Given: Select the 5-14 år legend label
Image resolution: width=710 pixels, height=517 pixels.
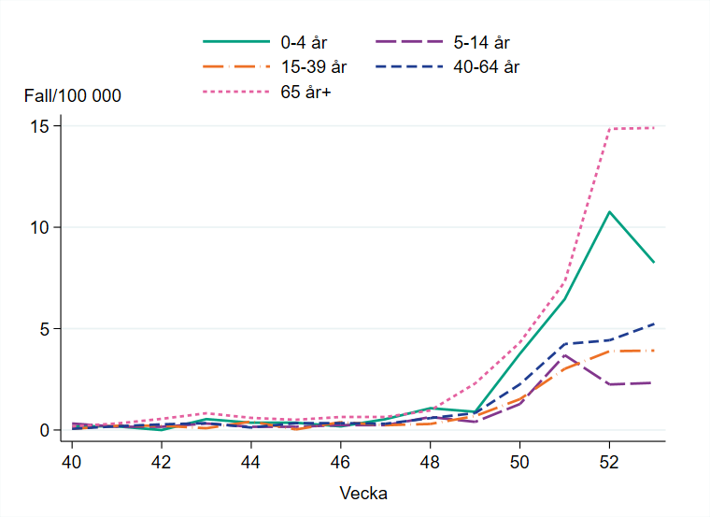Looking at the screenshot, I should (488, 42).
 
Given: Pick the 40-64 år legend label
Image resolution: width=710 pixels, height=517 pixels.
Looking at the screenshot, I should (493, 67).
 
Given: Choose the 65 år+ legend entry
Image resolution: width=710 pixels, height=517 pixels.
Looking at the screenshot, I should (305, 92).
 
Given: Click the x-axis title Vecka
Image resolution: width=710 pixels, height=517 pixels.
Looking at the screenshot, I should (364, 493).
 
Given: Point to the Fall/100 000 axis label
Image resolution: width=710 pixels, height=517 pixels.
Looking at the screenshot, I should (73, 95).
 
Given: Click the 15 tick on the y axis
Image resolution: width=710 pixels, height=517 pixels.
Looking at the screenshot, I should (39, 126).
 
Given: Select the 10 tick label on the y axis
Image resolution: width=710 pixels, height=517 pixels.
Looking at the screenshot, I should (39, 227).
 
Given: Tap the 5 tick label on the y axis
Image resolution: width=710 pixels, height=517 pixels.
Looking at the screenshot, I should (44, 329).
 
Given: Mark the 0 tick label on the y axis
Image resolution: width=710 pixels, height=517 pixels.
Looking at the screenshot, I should (44, 430).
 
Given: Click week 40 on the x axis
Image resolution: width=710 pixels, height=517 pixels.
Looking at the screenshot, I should (71, 462).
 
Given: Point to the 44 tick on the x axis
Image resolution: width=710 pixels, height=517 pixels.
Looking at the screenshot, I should (250, 462).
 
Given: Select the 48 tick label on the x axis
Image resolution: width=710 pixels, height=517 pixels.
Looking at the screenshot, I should (430, 462).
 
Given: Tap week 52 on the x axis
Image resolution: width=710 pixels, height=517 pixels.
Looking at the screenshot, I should (609, 462).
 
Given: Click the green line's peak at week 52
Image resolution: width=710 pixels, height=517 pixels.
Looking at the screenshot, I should (609, 212).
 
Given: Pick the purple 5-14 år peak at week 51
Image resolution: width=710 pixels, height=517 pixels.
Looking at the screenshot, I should (564, 355).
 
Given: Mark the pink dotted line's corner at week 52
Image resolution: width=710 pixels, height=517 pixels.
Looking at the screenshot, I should (609, 129).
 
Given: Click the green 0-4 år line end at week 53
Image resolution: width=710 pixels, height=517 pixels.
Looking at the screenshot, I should (654, 263).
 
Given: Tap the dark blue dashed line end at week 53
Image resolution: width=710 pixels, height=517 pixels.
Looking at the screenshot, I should (654, 323).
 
